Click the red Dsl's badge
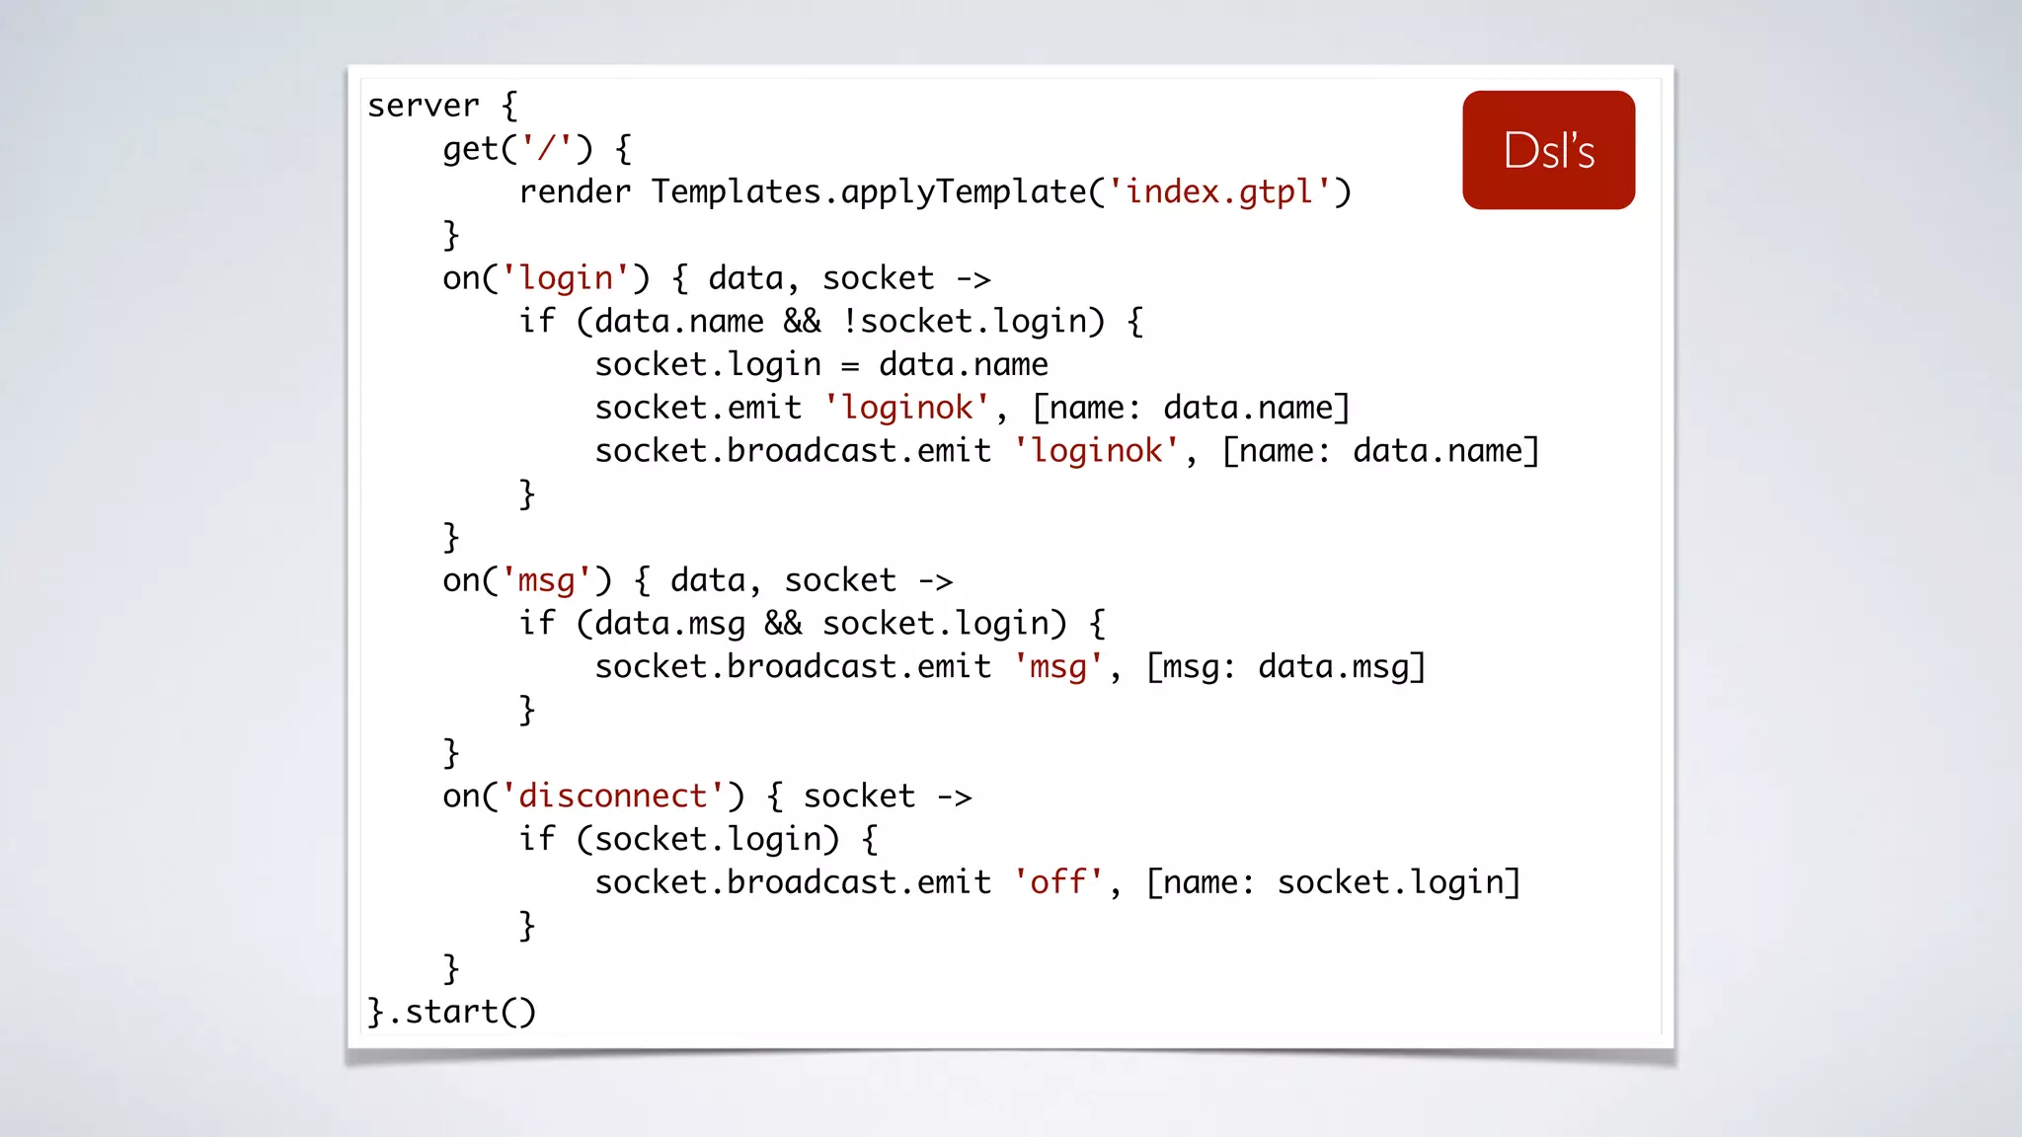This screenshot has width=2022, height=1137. click(x=1548, y=150)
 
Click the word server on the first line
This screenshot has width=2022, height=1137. click(x=423, y=106)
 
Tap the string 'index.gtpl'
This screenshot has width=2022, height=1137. click(x=1219, y=191)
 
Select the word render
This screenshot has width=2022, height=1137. click(x=575, y=191)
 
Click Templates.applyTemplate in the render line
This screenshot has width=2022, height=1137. click(x=869, y=191)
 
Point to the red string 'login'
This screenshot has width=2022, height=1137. click(x=566, y=278)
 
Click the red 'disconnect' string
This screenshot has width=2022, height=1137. click(x=613, y=796)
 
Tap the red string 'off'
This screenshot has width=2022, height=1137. click(x=1058, y=882)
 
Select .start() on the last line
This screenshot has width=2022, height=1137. click(x=461, y=1012)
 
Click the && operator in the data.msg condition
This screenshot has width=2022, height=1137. click(x=783, y=624)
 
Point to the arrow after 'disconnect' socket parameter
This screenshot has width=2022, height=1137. click(x=954, y=797)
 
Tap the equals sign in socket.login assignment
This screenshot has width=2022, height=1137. click(x=849, y=366)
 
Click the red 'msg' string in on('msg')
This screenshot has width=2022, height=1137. click(x=546, y=580)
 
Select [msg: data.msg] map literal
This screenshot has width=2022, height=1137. click(x=1285, y=667)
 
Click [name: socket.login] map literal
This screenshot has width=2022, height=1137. click(x=1333, y=882)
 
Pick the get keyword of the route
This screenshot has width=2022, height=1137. click(x=471, y=149)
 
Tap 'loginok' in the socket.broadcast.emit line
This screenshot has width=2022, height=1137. click(x=1097, y=451)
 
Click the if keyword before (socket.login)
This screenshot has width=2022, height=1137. click(x=537, y=839)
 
